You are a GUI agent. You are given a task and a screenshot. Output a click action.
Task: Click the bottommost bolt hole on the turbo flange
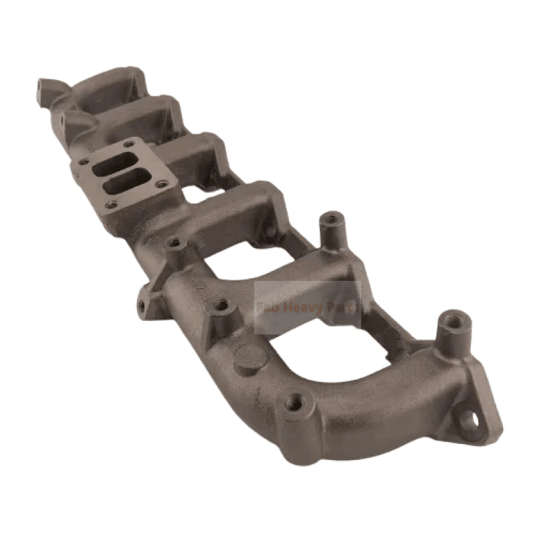point(112,204)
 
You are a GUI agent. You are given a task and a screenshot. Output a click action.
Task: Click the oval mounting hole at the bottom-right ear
point(471,420)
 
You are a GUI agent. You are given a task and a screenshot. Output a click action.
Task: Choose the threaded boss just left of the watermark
point(221,306)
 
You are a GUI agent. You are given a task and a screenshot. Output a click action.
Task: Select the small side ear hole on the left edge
point(141,306)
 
